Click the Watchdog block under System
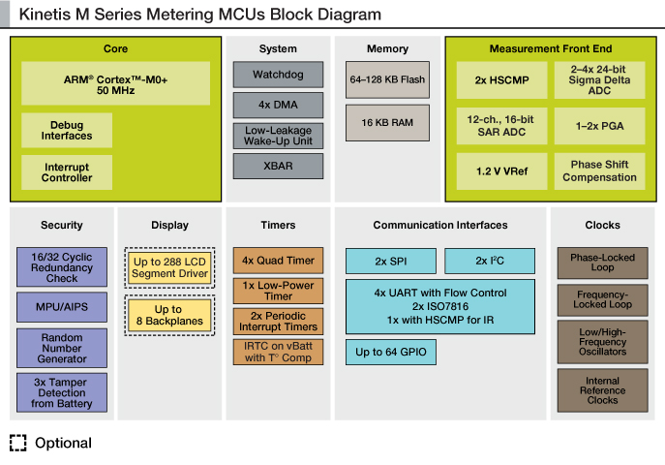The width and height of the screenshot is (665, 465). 278,75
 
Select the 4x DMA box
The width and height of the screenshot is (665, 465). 278,105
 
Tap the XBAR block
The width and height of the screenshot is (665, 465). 278,166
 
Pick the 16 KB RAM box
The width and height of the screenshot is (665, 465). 387,123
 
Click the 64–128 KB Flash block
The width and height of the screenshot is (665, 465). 387,79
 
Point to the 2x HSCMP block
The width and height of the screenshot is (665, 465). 501,80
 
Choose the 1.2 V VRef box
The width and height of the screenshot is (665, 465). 501,171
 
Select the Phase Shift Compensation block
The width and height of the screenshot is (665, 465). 600,171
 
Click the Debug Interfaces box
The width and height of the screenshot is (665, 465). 67,130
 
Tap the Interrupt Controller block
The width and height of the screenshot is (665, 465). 67,172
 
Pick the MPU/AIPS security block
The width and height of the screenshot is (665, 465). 62,307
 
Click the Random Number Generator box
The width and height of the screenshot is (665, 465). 62,348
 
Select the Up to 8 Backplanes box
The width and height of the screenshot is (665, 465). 169,315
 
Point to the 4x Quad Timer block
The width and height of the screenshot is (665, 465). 278,261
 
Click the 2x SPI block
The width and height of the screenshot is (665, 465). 391,261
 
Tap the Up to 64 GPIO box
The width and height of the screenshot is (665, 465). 391,352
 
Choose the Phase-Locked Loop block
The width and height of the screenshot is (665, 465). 603,263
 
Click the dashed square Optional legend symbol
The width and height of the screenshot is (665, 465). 17,443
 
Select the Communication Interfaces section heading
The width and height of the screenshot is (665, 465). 440,225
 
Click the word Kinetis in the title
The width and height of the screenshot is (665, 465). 45,14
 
